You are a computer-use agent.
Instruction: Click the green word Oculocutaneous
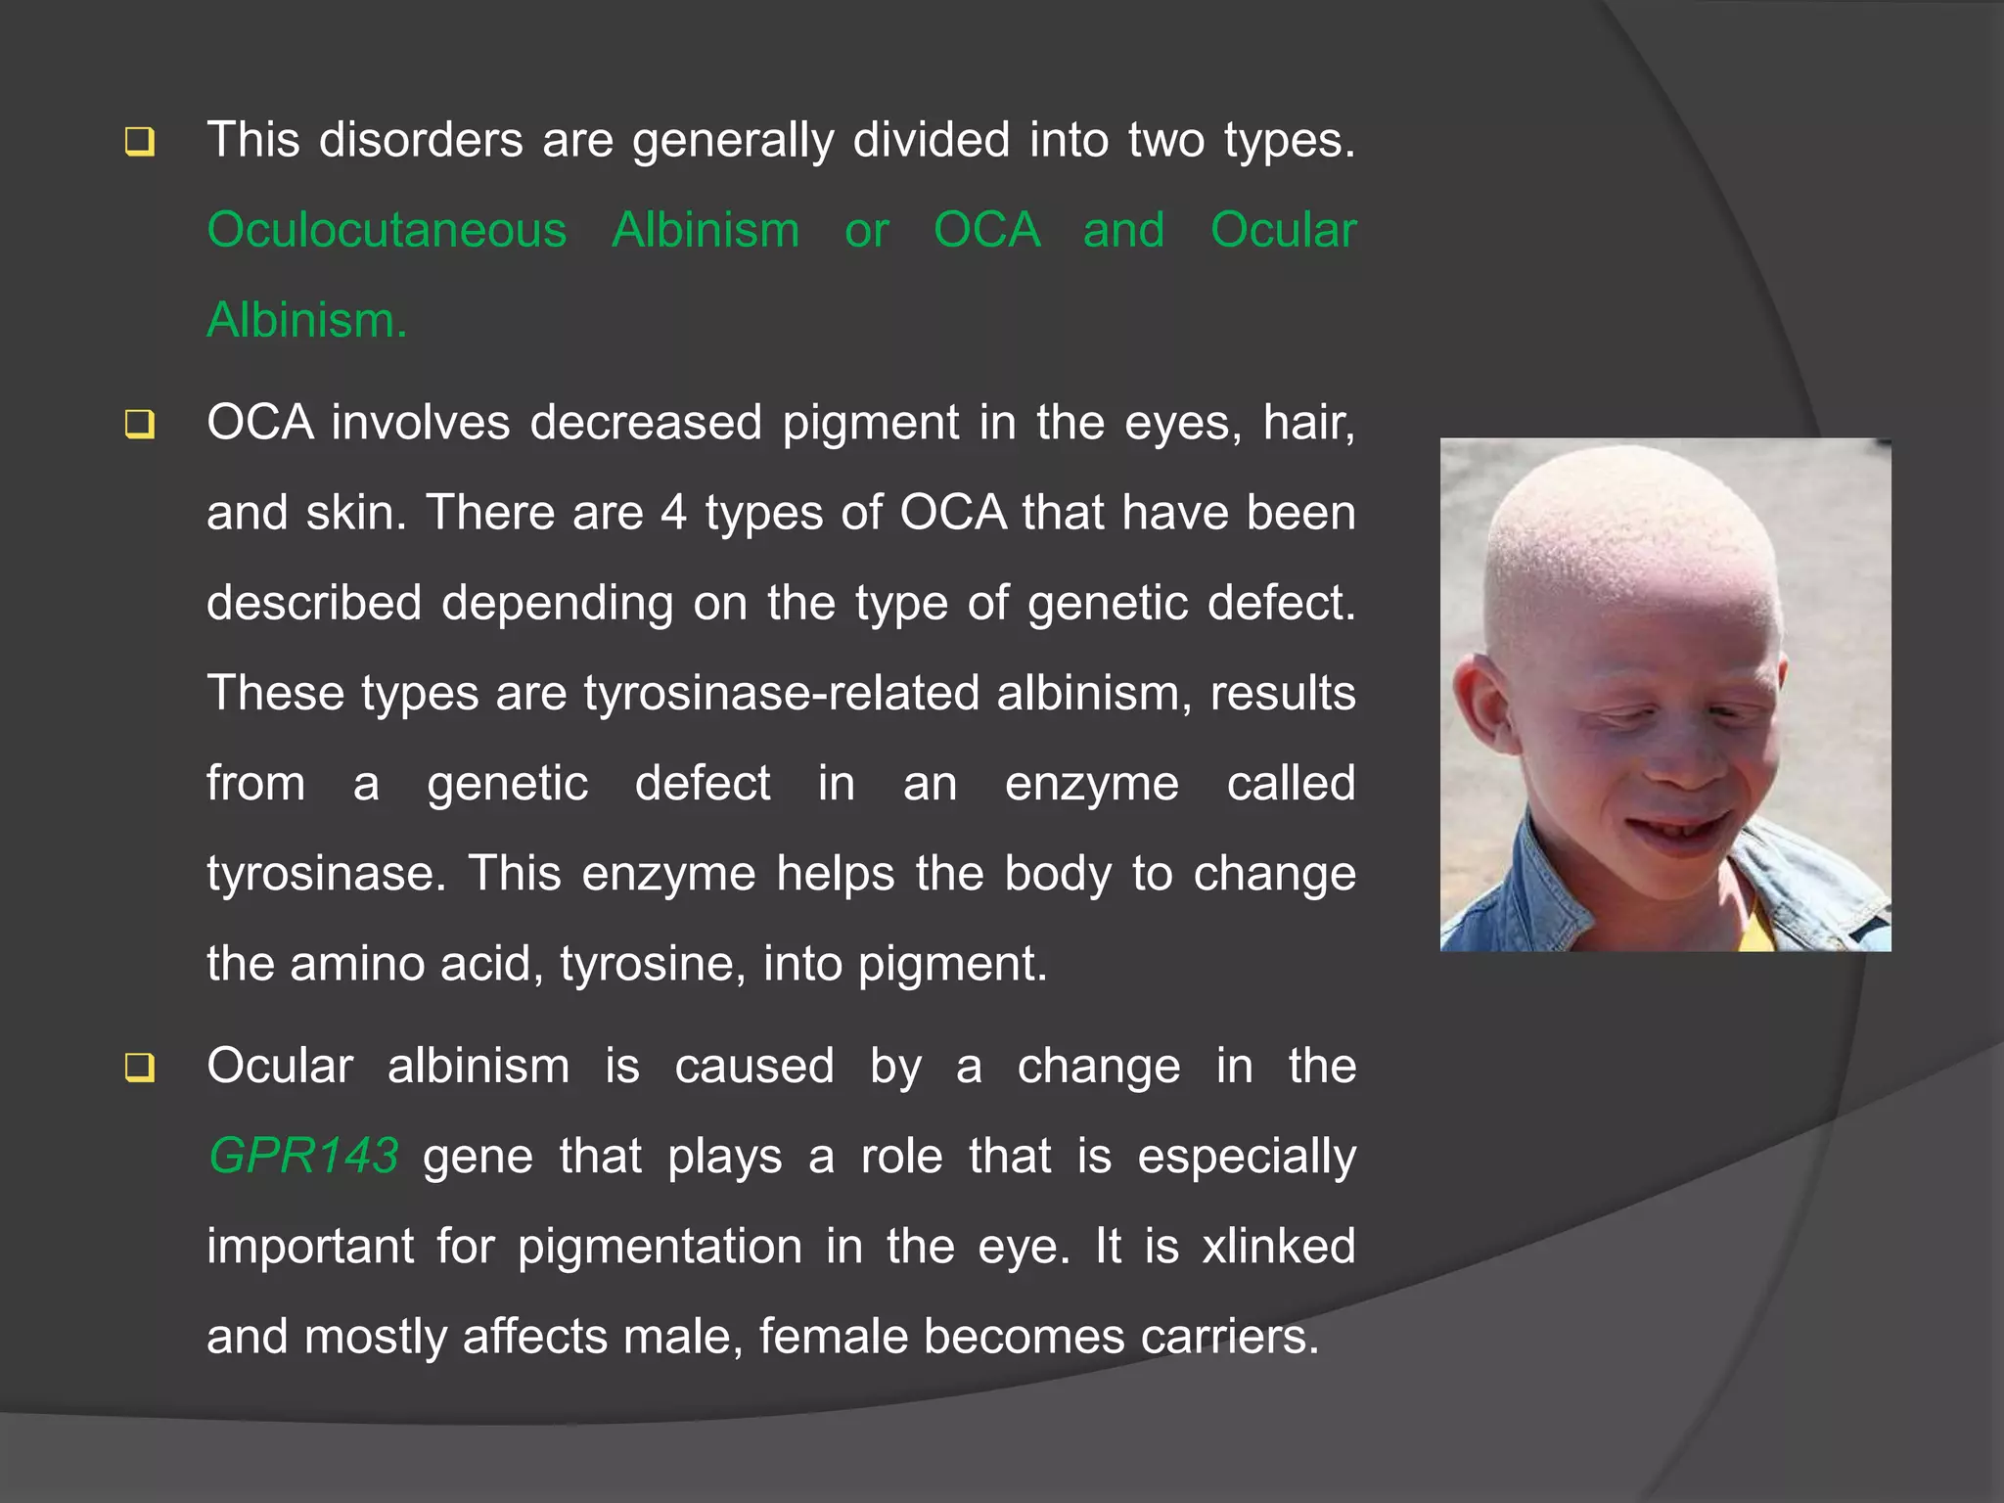pyautogui.click(x=387, y=231)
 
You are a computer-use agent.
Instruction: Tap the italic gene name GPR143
pyautogui.click(x=303, y=1156)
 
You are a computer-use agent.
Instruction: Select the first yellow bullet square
pyautogui.click(x=140, y=142)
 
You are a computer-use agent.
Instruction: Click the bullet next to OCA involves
pyautogui.click(x=140, y=425)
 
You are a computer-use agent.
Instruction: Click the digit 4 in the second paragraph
pyautogui.click(x=673, y=513)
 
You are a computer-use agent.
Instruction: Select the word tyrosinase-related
pyautogui.click(x=782, y=693)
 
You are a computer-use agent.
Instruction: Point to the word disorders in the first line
pyautogui.click(x=421, y=140)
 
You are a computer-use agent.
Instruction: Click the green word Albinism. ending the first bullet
pyautogui.click(x=306, y=321)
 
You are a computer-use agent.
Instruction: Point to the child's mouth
pyautogui.click(x=1682, y=833)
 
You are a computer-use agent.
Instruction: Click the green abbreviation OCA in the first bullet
pyautogui.click(x=986, y=231)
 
